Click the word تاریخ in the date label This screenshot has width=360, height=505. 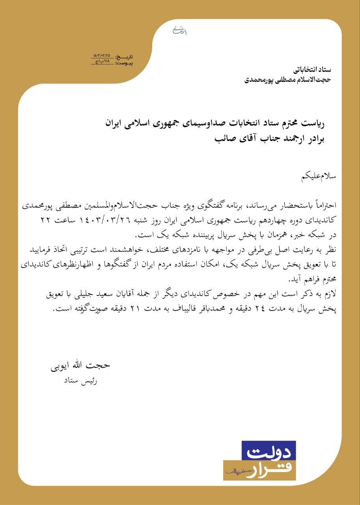136,58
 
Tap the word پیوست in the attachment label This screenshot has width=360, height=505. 137,63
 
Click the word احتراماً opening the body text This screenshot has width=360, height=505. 323,205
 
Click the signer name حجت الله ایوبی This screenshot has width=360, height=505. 80,365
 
